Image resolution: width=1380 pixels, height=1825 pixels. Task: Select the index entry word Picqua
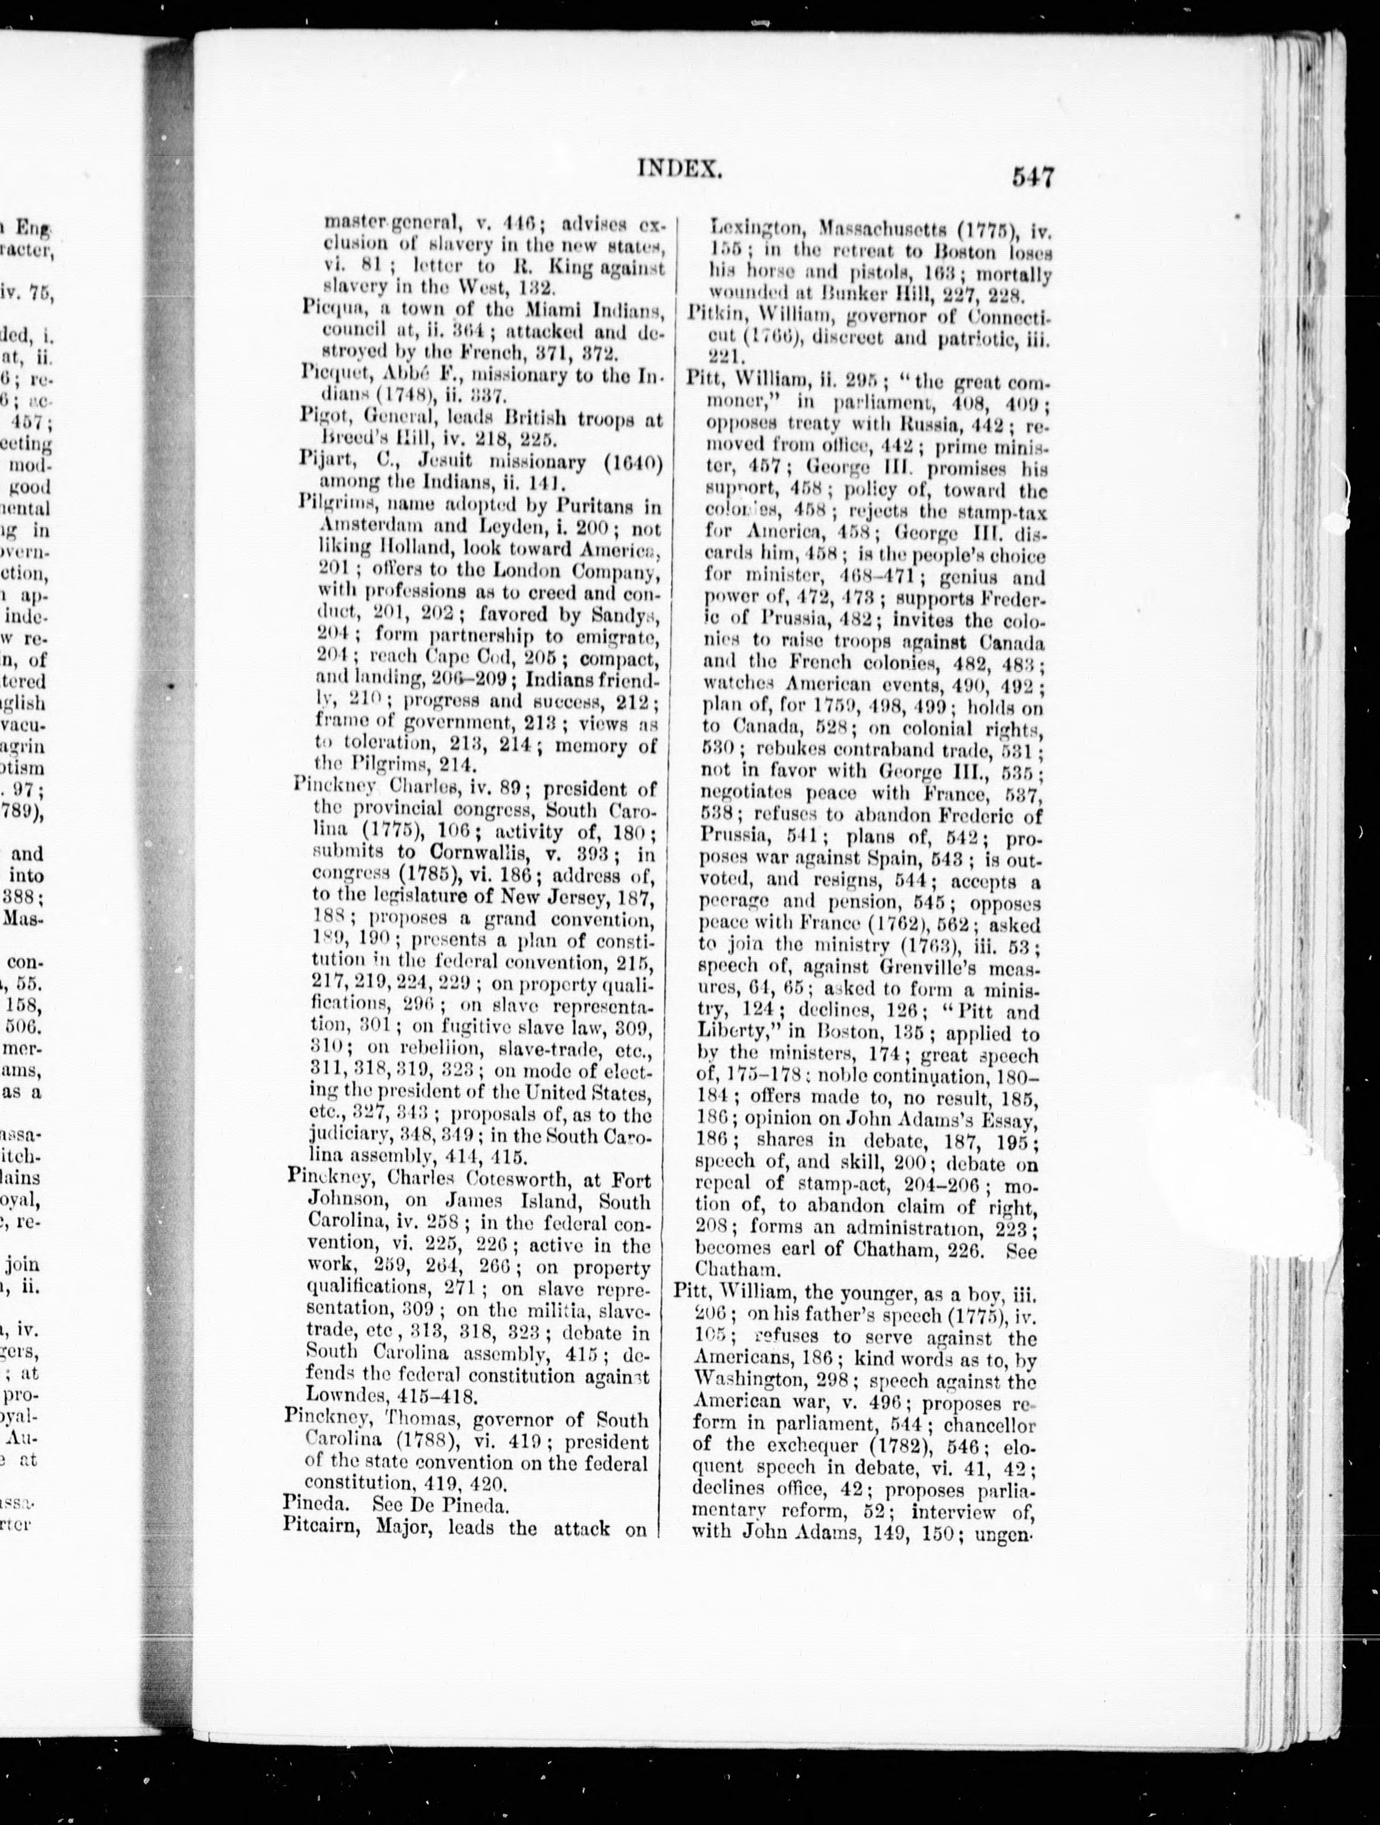pos(327,310)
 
